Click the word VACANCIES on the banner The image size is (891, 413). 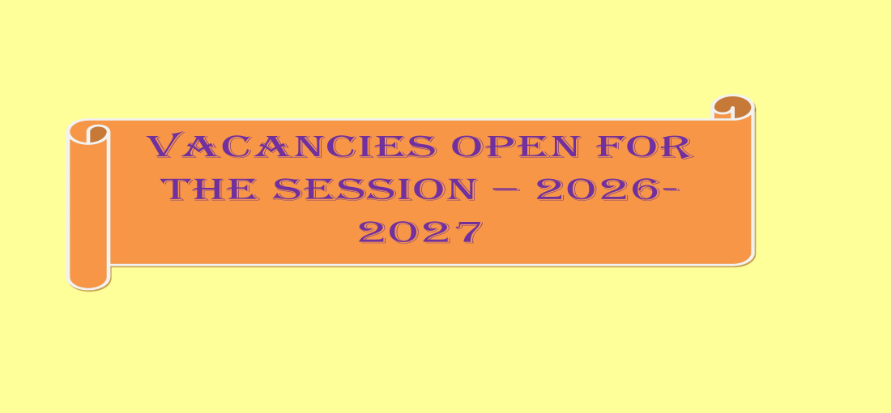[x=292, y=146]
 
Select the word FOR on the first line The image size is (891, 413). [x=645, y=147]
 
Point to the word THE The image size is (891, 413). [x=210, y=189]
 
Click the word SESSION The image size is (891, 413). [x=374, y=189]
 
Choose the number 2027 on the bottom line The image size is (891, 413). [x=420, y=232]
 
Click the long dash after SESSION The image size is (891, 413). [x=505, y=190]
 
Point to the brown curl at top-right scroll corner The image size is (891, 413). [x=732, y=105]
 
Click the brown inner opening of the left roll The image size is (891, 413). [x=97, y=134]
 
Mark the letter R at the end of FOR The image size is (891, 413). [x=679, y=147]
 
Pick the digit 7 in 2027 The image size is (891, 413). [x=468, y=232]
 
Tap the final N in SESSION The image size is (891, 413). [x=459, y=189]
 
